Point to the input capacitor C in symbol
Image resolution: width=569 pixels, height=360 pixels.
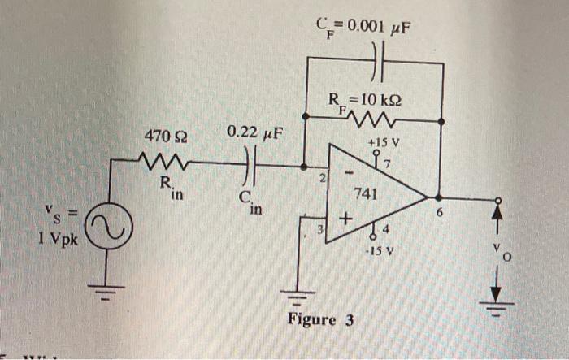pos(250,169)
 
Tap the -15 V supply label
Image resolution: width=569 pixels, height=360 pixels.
pos(380,250)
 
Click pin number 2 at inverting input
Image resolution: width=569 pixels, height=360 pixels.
pos(322,176)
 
